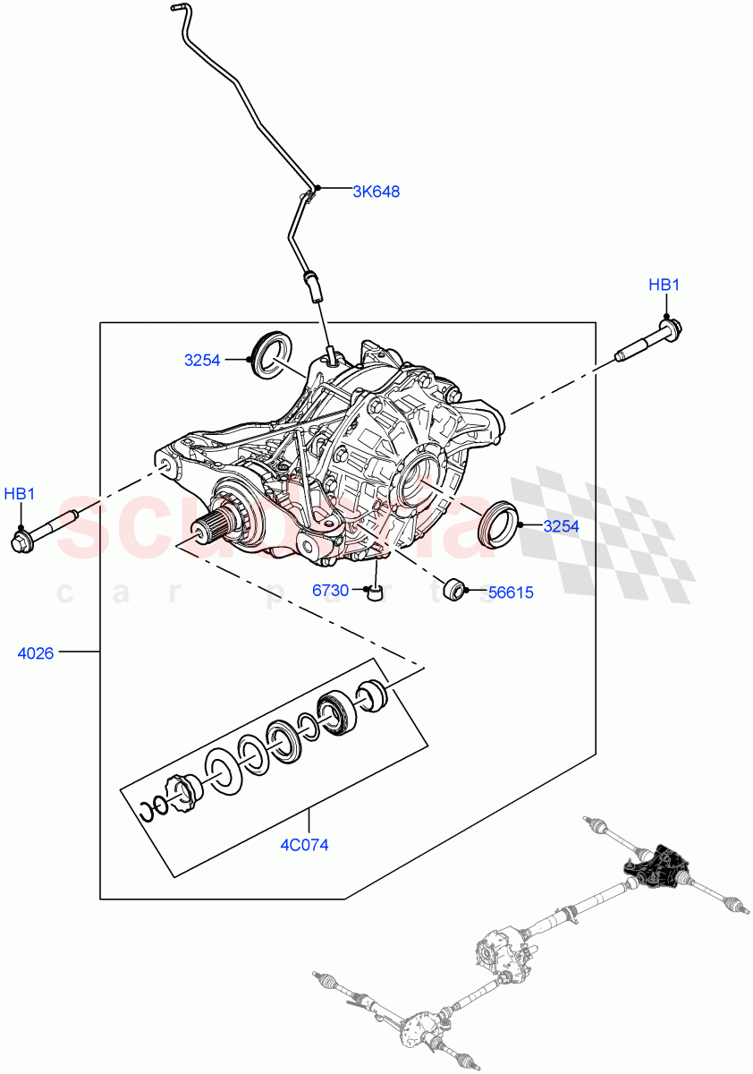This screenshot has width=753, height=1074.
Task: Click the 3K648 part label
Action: coord(376,191)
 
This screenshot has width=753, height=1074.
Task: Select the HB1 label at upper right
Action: coord(664,286)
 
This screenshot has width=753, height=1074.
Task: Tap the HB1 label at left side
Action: coord(20,493)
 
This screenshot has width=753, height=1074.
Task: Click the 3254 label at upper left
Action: coord(202,360)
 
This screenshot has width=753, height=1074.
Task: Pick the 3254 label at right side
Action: coord(561,526)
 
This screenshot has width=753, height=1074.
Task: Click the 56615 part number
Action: coord(511,592)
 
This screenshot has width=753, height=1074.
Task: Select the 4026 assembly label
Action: coord(36,653)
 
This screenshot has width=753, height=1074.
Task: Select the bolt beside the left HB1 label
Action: coord(44,530)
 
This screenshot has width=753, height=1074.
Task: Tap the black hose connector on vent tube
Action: coord(312,286)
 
